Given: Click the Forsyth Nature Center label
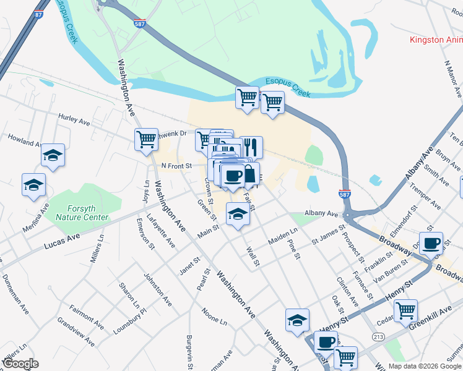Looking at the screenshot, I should pos(82,213).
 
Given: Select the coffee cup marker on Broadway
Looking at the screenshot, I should pos(431,242).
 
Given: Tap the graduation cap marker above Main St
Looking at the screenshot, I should pos(237,214).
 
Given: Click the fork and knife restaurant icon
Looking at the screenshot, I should pos(251,147).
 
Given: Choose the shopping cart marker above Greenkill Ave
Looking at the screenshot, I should pos(405,310).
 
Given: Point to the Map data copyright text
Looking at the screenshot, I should pos(425,365).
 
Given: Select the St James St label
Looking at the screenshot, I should pos(328,235).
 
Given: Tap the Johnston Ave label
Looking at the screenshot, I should pos(157,289).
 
